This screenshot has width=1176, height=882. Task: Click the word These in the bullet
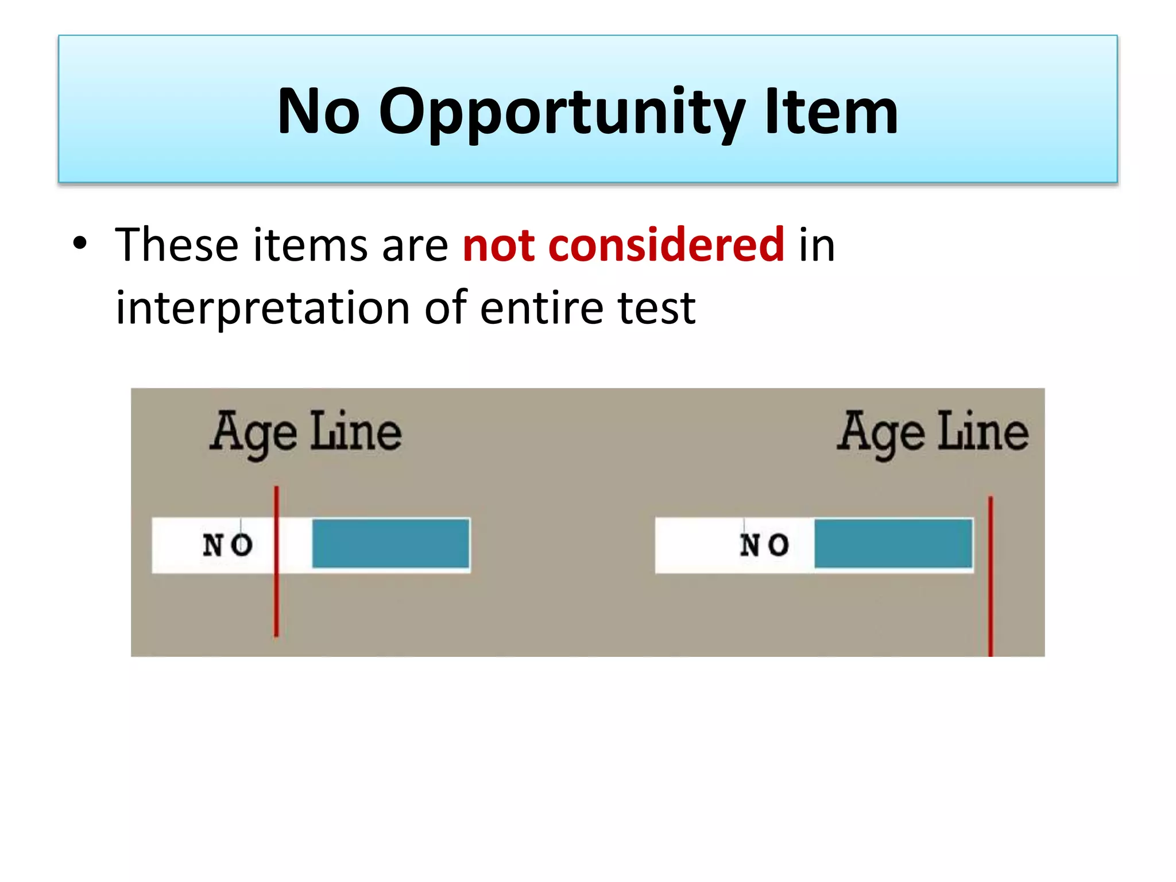point(177,245)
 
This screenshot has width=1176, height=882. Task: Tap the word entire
point(541,308)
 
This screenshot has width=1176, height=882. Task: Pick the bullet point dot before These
point(80,243)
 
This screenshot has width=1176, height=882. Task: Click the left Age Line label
point(305,432)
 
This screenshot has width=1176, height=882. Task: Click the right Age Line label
point(932,432)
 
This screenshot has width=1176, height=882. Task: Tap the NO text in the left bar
point(227,544)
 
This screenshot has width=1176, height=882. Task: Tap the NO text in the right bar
point(764,544)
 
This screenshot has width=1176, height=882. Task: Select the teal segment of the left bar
point(390,543)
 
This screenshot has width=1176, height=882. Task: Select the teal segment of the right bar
point(893,543)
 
